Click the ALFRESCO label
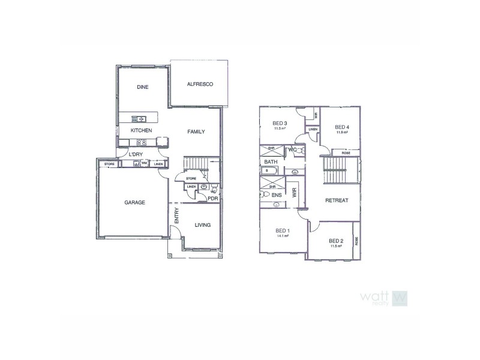tap(200, 84)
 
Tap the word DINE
tap(142, 87)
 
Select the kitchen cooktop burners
tap(142, 142)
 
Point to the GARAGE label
tap(134, 203)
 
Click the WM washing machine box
tap(144, 164)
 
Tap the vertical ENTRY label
tap(176, 216)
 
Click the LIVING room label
tap(203, 225)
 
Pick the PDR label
tap(212, 199)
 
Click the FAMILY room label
tap(196, 131)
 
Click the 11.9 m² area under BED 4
tap(342, 132)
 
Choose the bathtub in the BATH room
tap(276, 172)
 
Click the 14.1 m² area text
tap(283, 236)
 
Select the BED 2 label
tap(337, 241)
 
